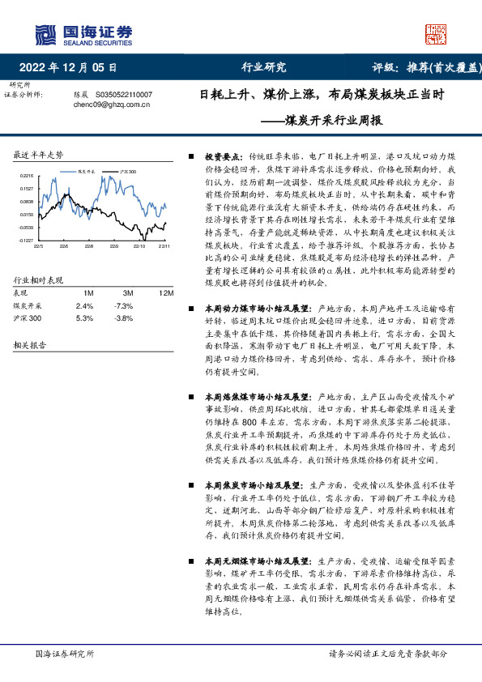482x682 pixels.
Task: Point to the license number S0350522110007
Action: pyautogui.click(x=123, y=95)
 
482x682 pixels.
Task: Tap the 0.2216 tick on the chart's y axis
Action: pyautogui.click(x=27, y=176)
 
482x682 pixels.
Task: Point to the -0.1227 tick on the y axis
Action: pyautogui.click(x=27, y=241)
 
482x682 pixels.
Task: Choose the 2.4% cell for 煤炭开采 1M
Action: pyautogui.click(x=84, y=305)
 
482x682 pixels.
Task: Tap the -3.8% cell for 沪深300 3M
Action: pyautogui.click(x=123, y=318)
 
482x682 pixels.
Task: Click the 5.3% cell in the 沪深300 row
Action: pyautogui.click(x=84, y=318)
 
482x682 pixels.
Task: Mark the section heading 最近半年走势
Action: pyautogui.click(x=39, y=154)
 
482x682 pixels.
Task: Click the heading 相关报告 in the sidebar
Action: pyautogui.click(x=29, y=344)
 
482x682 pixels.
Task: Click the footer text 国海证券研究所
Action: pyautogui.click(x=66, y=653)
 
